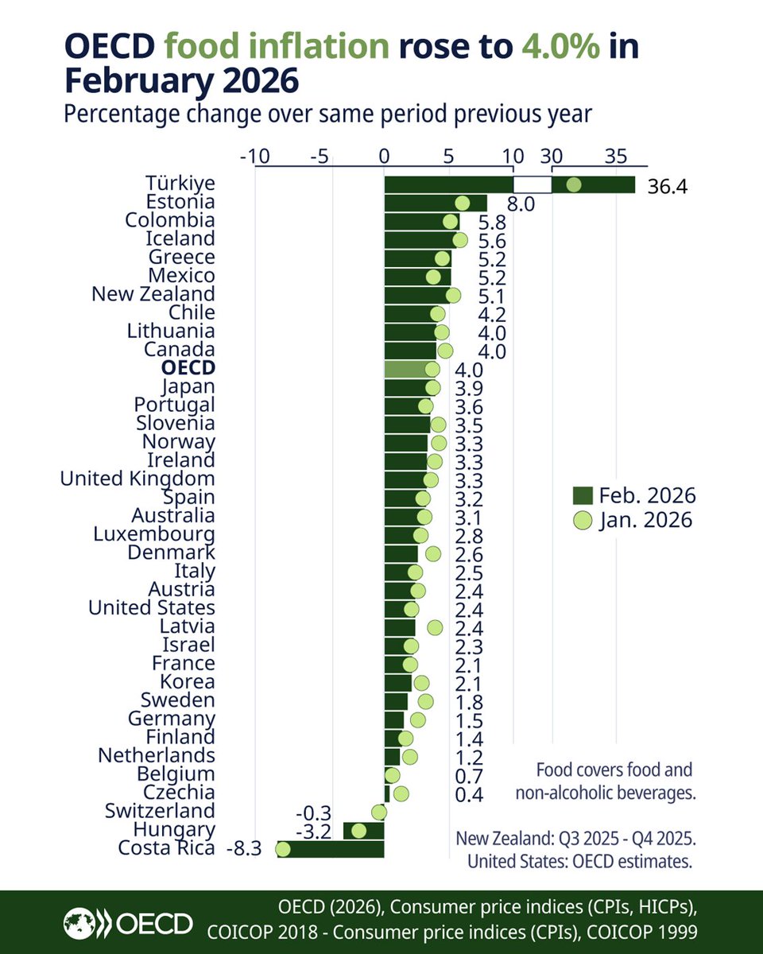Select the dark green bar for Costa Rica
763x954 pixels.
[330, 849]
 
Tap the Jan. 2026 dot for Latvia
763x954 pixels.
[435, 627]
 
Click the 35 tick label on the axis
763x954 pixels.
[616, 157]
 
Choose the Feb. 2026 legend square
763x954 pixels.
[582, 496]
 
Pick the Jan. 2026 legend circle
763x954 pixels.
[582, 521]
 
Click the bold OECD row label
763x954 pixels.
[188, 368]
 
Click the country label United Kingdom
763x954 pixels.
[137, 479]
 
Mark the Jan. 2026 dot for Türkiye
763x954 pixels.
[573, 185]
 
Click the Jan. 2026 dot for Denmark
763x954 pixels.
[433, 553]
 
